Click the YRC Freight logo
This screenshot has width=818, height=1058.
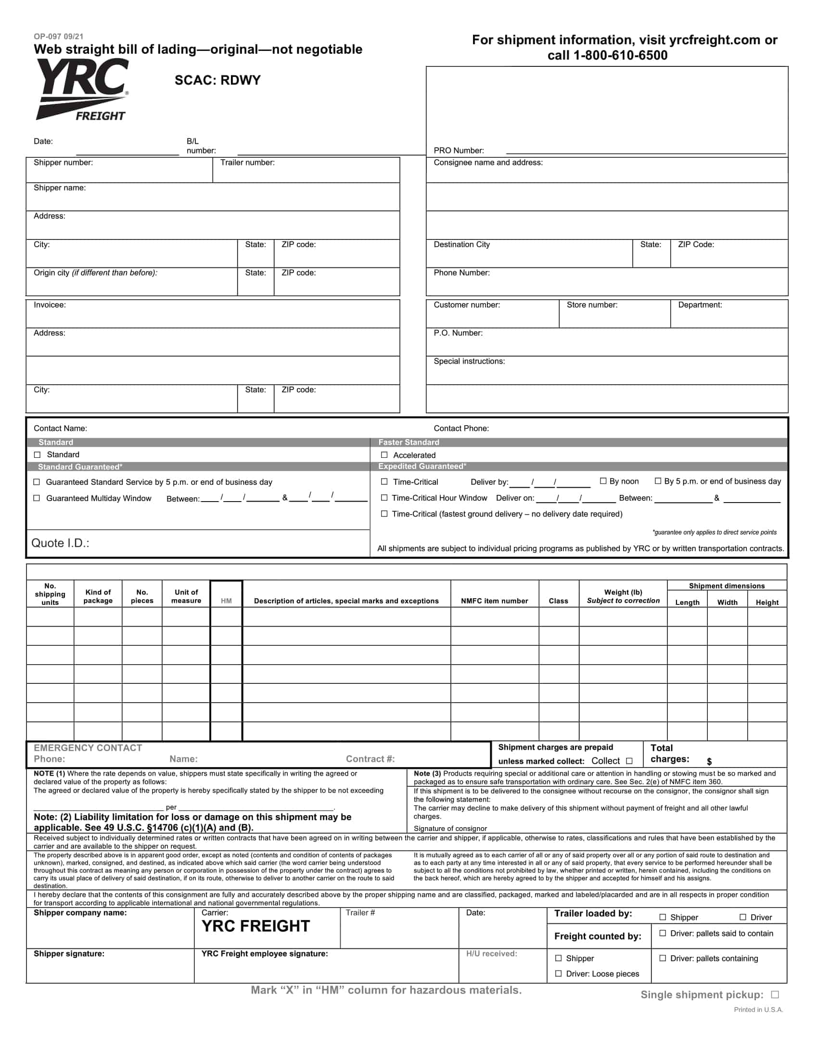[82, 89]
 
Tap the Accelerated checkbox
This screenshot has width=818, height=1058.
[384, 455]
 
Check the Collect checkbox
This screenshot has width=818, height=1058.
[629, 761]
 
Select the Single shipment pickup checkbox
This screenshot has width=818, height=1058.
[775, 995]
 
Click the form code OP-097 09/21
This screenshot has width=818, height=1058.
[58, 37]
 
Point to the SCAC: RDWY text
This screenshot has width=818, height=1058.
[217, 80]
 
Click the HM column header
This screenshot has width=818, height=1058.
[226, 601]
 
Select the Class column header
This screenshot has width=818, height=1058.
[558, 601]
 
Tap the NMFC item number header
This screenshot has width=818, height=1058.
[494, 601]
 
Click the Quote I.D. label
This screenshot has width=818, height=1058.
[61, 543]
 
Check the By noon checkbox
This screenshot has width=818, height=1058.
[603, 481]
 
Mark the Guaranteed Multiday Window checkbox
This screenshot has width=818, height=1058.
[37, 498]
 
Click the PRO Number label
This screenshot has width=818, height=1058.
[459, 151]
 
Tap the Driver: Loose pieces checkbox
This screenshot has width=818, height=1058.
[558, 973]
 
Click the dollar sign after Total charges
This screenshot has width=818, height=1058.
[709, 762]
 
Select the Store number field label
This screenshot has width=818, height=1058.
[592, 305]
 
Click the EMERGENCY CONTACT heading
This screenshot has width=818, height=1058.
[88, 748]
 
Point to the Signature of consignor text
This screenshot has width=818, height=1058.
[450, 829]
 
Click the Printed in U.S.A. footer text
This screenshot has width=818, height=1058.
[758, 1009]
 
